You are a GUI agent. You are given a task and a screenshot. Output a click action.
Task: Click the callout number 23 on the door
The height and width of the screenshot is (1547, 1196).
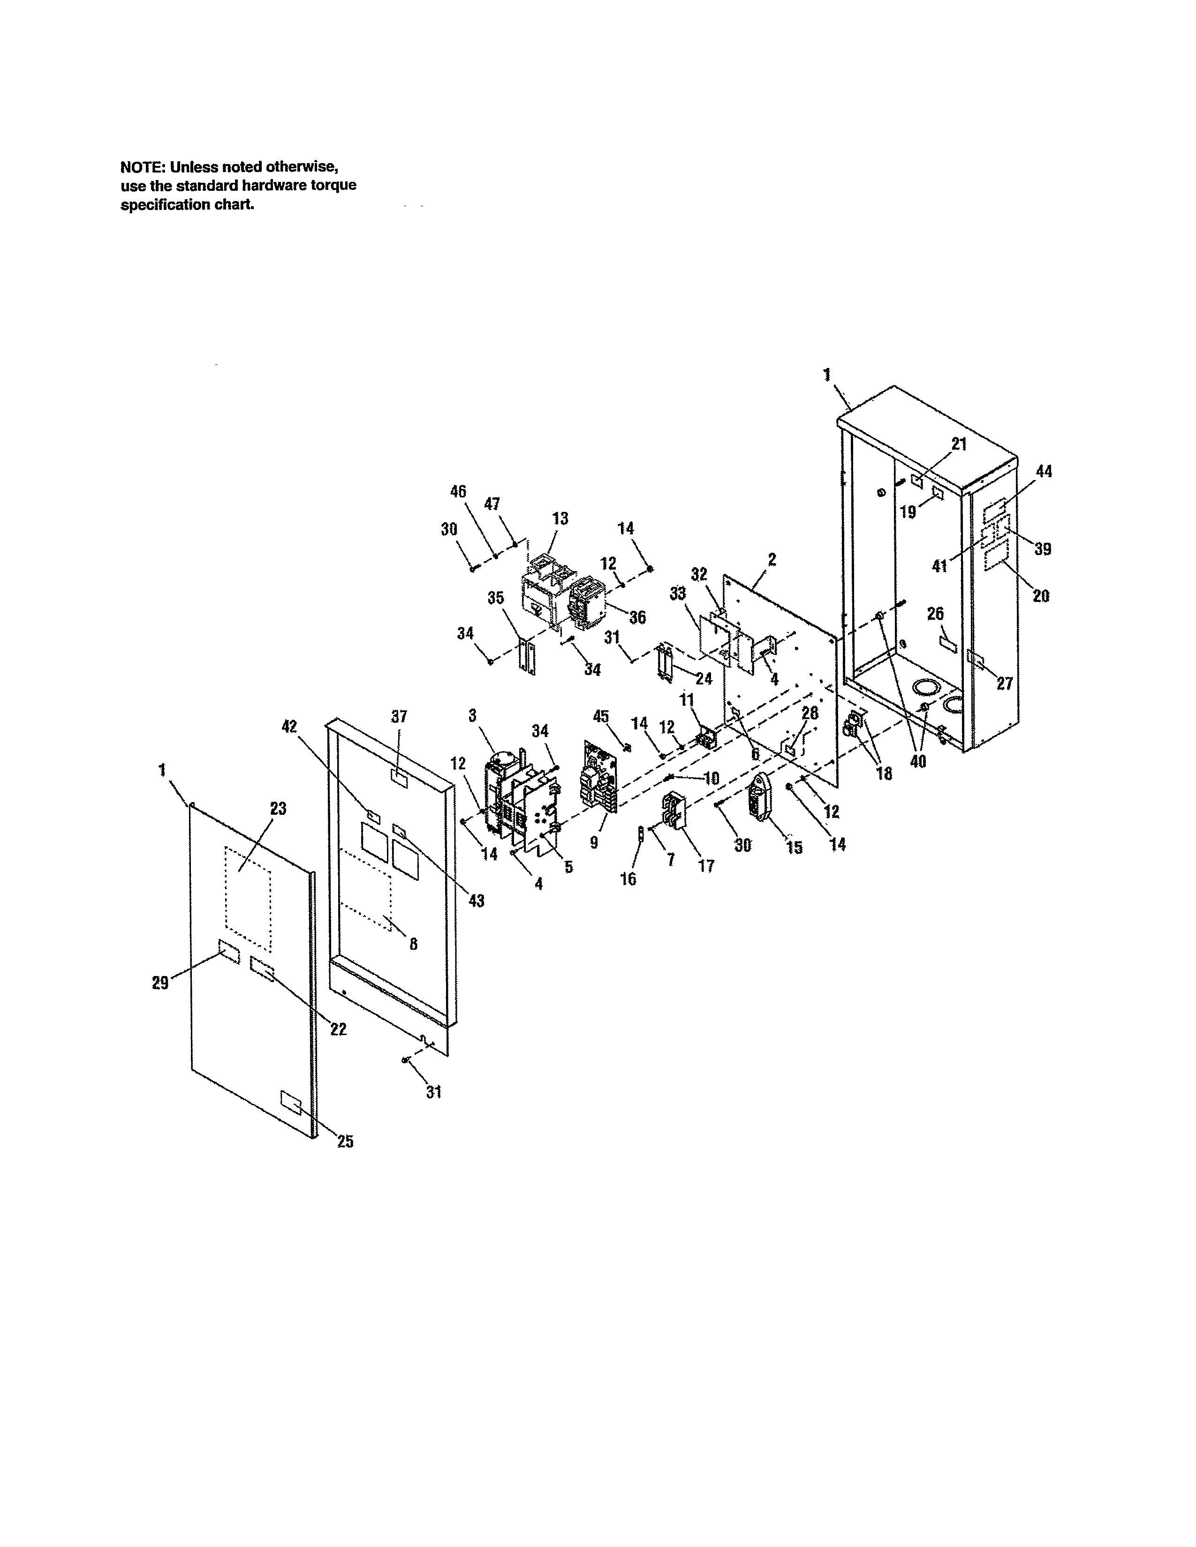(x=279, y=808)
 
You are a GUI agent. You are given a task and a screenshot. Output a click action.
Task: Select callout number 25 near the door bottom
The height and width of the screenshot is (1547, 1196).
(x=345, y=1141)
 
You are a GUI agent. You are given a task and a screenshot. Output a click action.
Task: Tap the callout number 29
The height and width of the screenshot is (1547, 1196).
(x=160, y=983)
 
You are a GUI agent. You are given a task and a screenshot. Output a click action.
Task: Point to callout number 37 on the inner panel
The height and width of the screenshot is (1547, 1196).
(x=399, y=716)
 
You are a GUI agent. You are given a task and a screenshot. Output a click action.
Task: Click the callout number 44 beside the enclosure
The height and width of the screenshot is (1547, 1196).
(x=1044, y=472)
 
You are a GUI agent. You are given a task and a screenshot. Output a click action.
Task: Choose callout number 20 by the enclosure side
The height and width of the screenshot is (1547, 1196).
(x=1040, y=596)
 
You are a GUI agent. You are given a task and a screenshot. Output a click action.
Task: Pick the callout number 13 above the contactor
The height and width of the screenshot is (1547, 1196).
(x=560, y=518)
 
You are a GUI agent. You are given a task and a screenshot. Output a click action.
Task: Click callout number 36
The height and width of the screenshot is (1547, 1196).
(x=637, y=617)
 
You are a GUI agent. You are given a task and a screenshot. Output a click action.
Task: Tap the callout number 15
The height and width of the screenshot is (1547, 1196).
(x=795, y=847)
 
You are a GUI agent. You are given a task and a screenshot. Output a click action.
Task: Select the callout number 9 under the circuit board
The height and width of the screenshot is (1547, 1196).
(x=594, y=842)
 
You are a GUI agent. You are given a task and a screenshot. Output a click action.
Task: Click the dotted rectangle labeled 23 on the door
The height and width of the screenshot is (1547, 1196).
(x=247, y=898)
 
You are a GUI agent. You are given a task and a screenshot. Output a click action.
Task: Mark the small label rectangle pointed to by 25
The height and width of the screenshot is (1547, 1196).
(x=290, y=1102)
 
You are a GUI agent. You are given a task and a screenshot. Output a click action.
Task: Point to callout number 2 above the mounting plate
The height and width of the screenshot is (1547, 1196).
(x=772, y=560)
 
